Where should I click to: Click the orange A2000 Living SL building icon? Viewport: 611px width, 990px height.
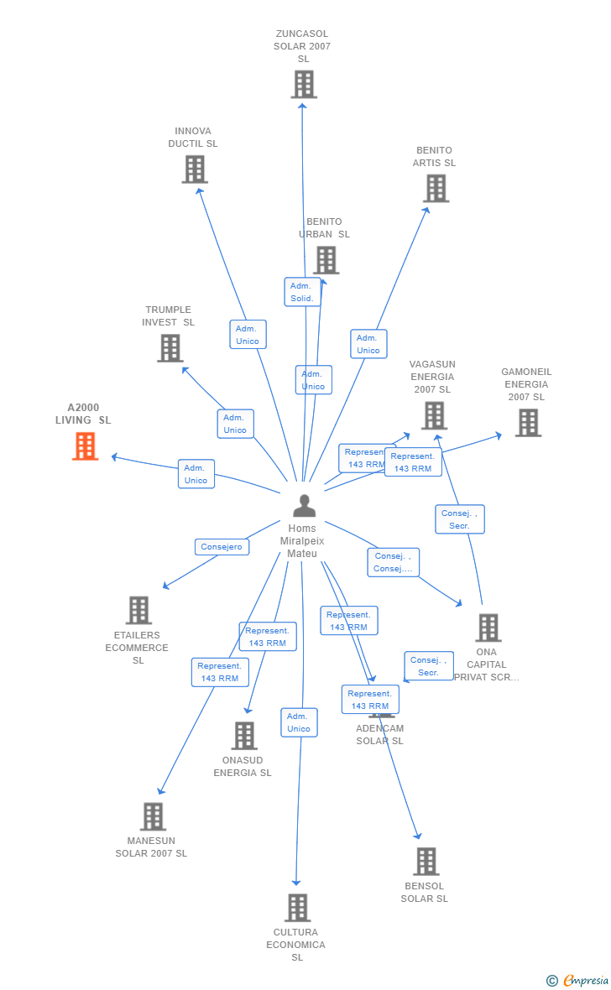[85, 446]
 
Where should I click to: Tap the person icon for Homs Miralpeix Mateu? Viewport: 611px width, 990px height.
[304, 506]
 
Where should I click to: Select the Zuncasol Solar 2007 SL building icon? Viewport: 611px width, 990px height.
[304, 84]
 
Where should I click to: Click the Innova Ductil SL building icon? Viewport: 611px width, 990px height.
[195, 169]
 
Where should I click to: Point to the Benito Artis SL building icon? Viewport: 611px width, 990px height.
[436, 189]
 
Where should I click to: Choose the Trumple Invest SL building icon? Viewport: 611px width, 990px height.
[170, 348]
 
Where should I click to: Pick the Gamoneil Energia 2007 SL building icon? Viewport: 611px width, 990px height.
[528, 423]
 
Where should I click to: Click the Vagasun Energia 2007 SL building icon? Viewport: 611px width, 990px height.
[434, 415]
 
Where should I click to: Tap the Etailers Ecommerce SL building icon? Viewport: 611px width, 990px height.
[138, 610]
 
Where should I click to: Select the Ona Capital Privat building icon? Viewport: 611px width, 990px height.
[488, 628]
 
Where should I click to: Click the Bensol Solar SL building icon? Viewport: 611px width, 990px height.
[426, 861]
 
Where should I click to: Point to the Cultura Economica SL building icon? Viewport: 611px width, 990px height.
[297, 908]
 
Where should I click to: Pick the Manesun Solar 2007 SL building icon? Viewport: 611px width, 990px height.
[153, 816]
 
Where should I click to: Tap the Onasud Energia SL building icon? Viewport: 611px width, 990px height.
[244, 736]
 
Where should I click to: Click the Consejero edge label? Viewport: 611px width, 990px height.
[222, 547]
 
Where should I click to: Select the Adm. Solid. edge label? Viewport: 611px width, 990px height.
[302, 292]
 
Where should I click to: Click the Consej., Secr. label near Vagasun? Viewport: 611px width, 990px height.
[459, 519]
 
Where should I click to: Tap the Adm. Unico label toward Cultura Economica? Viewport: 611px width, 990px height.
[299, 722]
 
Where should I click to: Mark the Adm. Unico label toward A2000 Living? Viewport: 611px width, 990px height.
[196, 474]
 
